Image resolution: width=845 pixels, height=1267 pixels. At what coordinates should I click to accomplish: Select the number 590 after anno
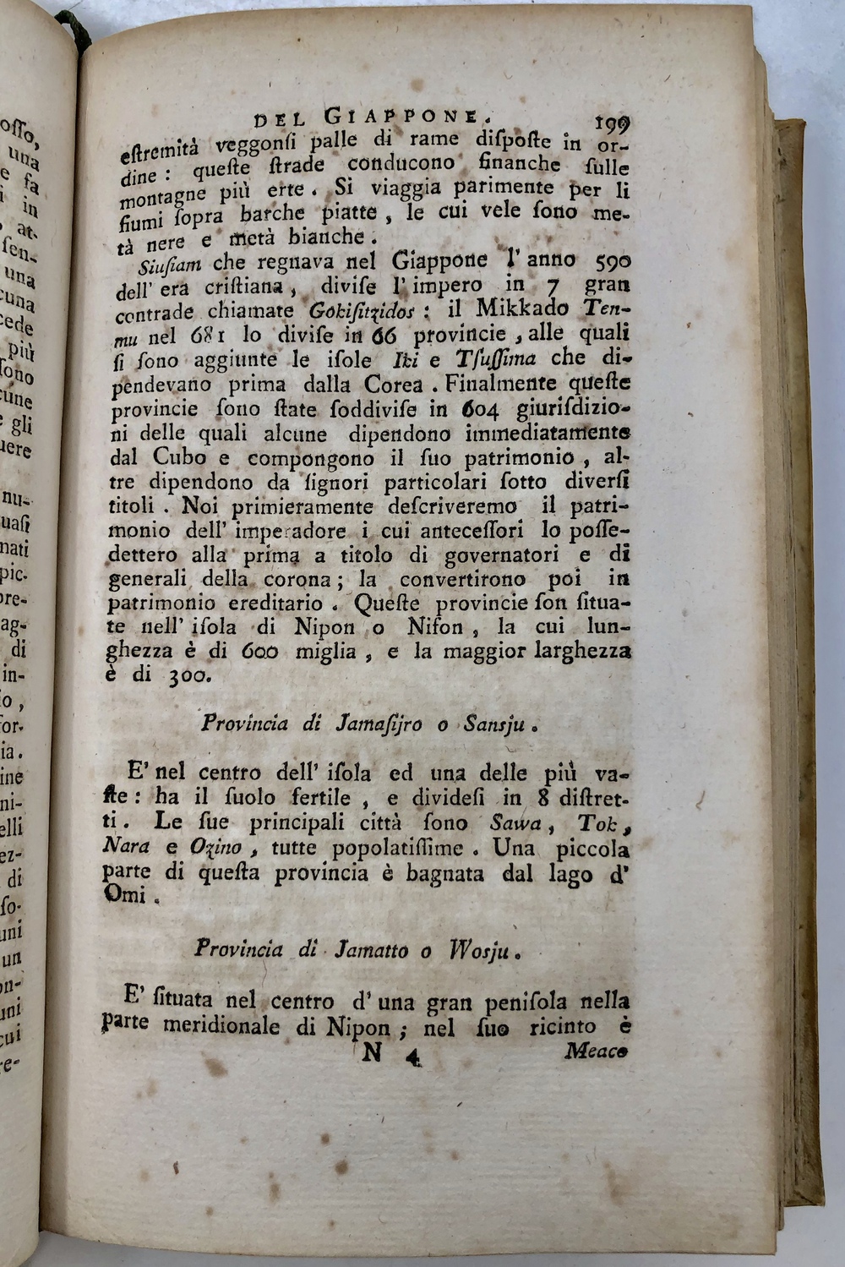coord(607,263)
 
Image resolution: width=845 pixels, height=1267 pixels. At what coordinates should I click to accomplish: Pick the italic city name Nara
coord(128,848)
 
